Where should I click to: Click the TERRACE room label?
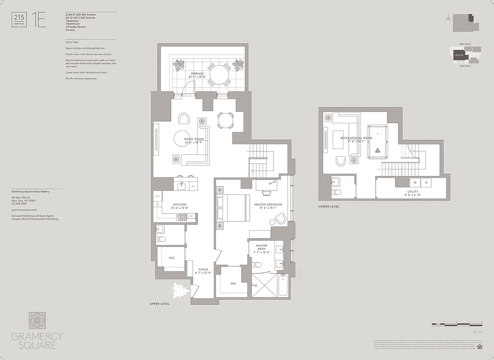197,73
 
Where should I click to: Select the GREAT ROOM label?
194,139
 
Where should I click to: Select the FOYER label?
203,270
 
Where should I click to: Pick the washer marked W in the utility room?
414,183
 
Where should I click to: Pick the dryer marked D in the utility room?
425,183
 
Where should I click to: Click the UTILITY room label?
413,192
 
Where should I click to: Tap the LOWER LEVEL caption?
329,207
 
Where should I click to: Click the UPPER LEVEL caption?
160,304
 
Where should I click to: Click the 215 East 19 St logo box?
20,20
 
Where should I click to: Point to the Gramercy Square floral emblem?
37,320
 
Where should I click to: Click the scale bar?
457,324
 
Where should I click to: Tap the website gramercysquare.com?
24,210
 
